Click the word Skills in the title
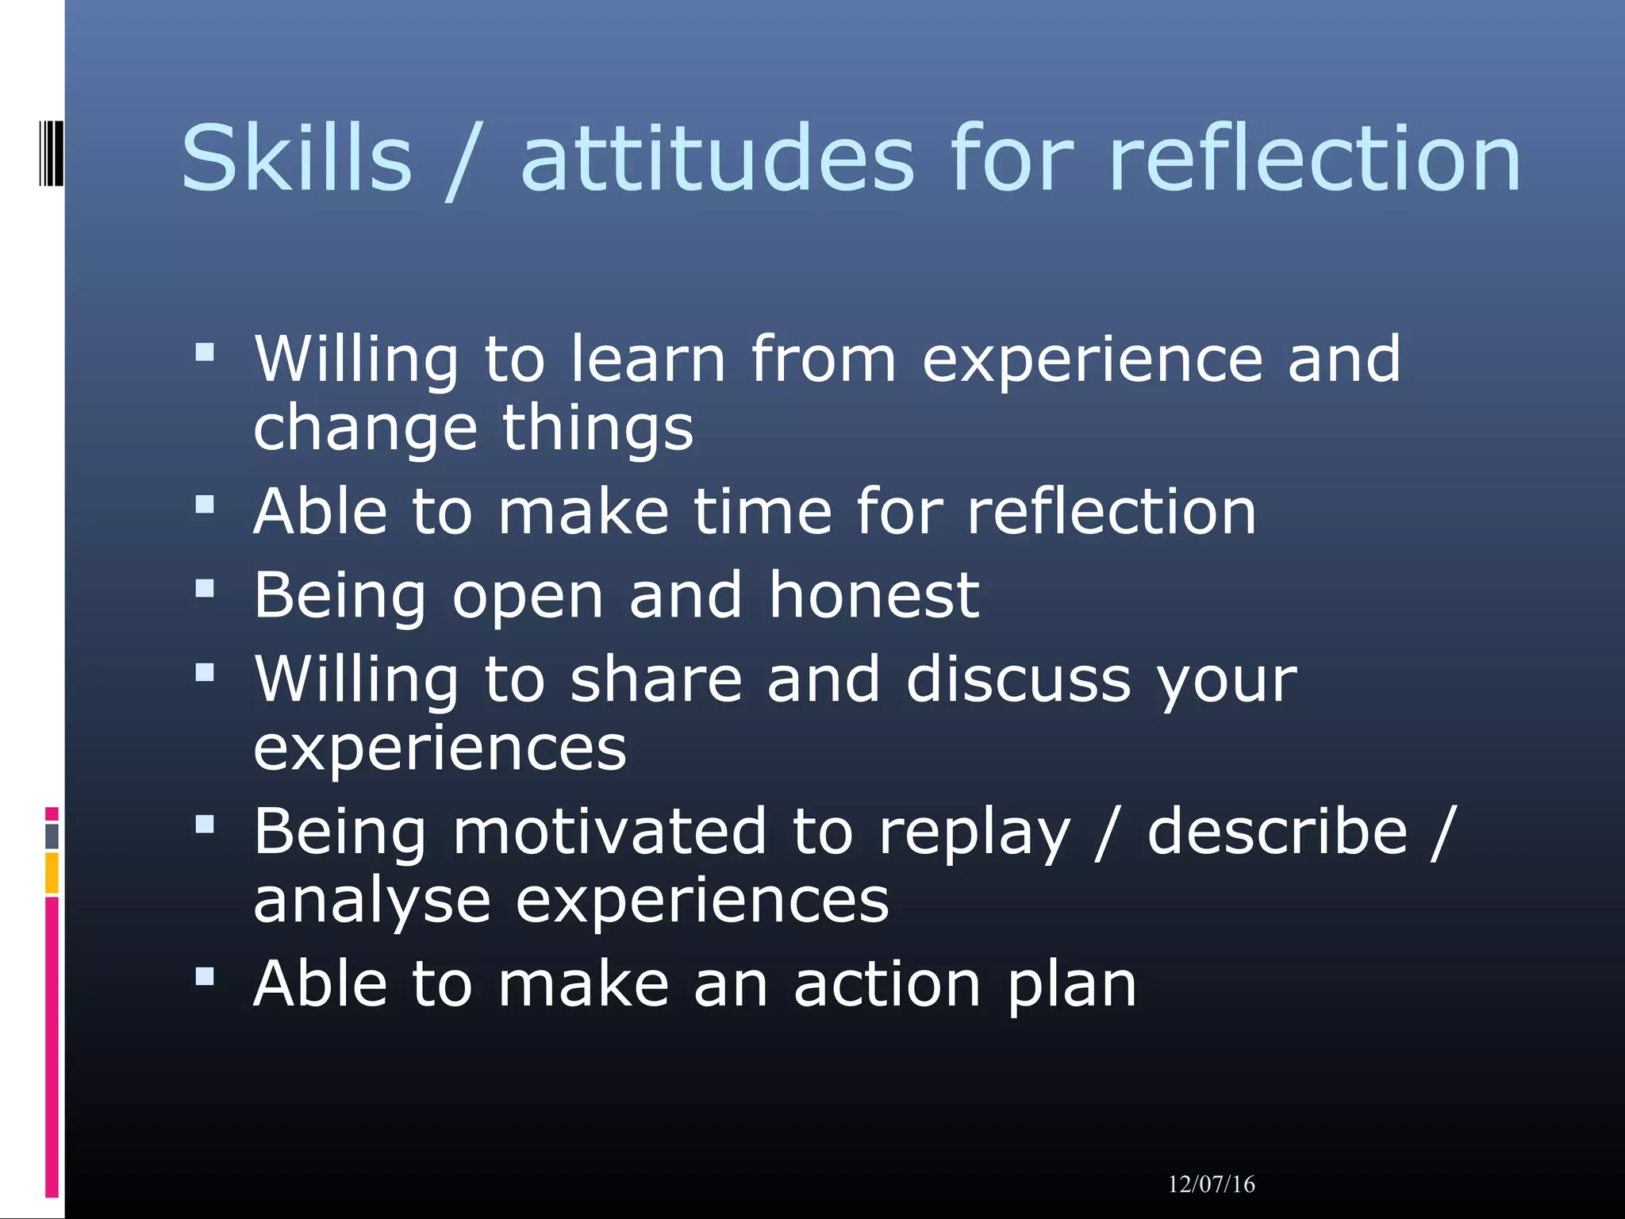click(296, 158)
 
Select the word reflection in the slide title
click(1314, 158)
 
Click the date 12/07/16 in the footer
click(1211, 1184)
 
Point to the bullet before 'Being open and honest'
click(205, 588)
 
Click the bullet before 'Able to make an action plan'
click(205, 976)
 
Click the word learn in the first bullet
click(647, 359)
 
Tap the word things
click(597, 429)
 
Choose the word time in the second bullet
click(763, 511)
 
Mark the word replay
click(974, 833)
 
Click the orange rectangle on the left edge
click(52, 872)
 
